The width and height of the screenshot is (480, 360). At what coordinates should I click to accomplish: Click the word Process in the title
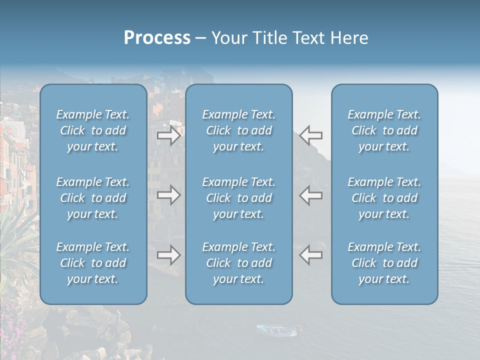pyautogui.click(x=157, y=38)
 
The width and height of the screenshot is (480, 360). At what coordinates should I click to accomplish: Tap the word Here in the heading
pyautogui.click(x=349, y=38)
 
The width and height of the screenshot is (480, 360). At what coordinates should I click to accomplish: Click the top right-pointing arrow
pyautogui.click(x=168, y=135)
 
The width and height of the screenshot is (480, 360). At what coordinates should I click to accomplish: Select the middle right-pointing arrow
pyautogui.click(x=168, y=195)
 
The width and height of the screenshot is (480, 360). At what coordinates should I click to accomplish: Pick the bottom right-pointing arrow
pyautogui.click(x=168, y=255)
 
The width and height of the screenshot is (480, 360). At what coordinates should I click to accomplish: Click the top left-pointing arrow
pyautogui.click(x=311, y=135)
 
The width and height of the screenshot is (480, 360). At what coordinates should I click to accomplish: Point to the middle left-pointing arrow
pyautogui.click(x=311, y=195)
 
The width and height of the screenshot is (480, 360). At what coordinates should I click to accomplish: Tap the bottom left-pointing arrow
pyautogui.click(x=311, y=255)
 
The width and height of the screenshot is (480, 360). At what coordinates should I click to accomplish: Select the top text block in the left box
pyautogui.click(x=93, y=130)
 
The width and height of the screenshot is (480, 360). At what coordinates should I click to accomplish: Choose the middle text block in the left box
pyautogui.click(x=93, y=198)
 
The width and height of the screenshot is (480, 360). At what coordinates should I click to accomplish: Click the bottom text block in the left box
pyautogui.click(x=93, y=263)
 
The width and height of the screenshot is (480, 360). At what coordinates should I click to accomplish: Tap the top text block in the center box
pyautogui.click(x=239, y=130)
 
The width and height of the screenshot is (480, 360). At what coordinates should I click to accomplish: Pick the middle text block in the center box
pyautogui.click(x=239, y=198)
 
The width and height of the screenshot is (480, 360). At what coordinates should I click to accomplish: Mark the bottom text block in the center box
pyautogui.click(x=239, y=263)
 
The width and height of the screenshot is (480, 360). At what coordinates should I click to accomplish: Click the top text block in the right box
pyautogui.click(x=384, y=130)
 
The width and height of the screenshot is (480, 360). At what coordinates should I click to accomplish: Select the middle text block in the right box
pyautogui.click(x=384, y=198)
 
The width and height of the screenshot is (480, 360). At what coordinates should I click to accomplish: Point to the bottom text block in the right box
pyautogui.click(x=384, y=263)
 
